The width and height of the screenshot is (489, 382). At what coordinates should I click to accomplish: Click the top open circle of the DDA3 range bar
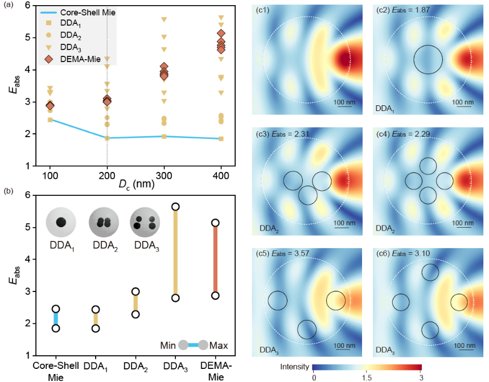(176, 207)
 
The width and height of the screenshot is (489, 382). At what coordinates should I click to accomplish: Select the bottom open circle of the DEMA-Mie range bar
(215, 295)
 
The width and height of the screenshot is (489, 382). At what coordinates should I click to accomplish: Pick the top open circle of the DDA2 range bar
(135, 291)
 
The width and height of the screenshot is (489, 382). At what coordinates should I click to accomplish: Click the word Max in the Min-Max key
(219, 346)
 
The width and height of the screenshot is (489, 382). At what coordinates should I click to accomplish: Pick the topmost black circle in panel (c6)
(430, 273)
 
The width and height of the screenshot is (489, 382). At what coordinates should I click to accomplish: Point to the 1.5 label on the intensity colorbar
(367, 378)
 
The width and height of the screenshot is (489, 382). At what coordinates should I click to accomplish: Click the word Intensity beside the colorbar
(295, 366)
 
